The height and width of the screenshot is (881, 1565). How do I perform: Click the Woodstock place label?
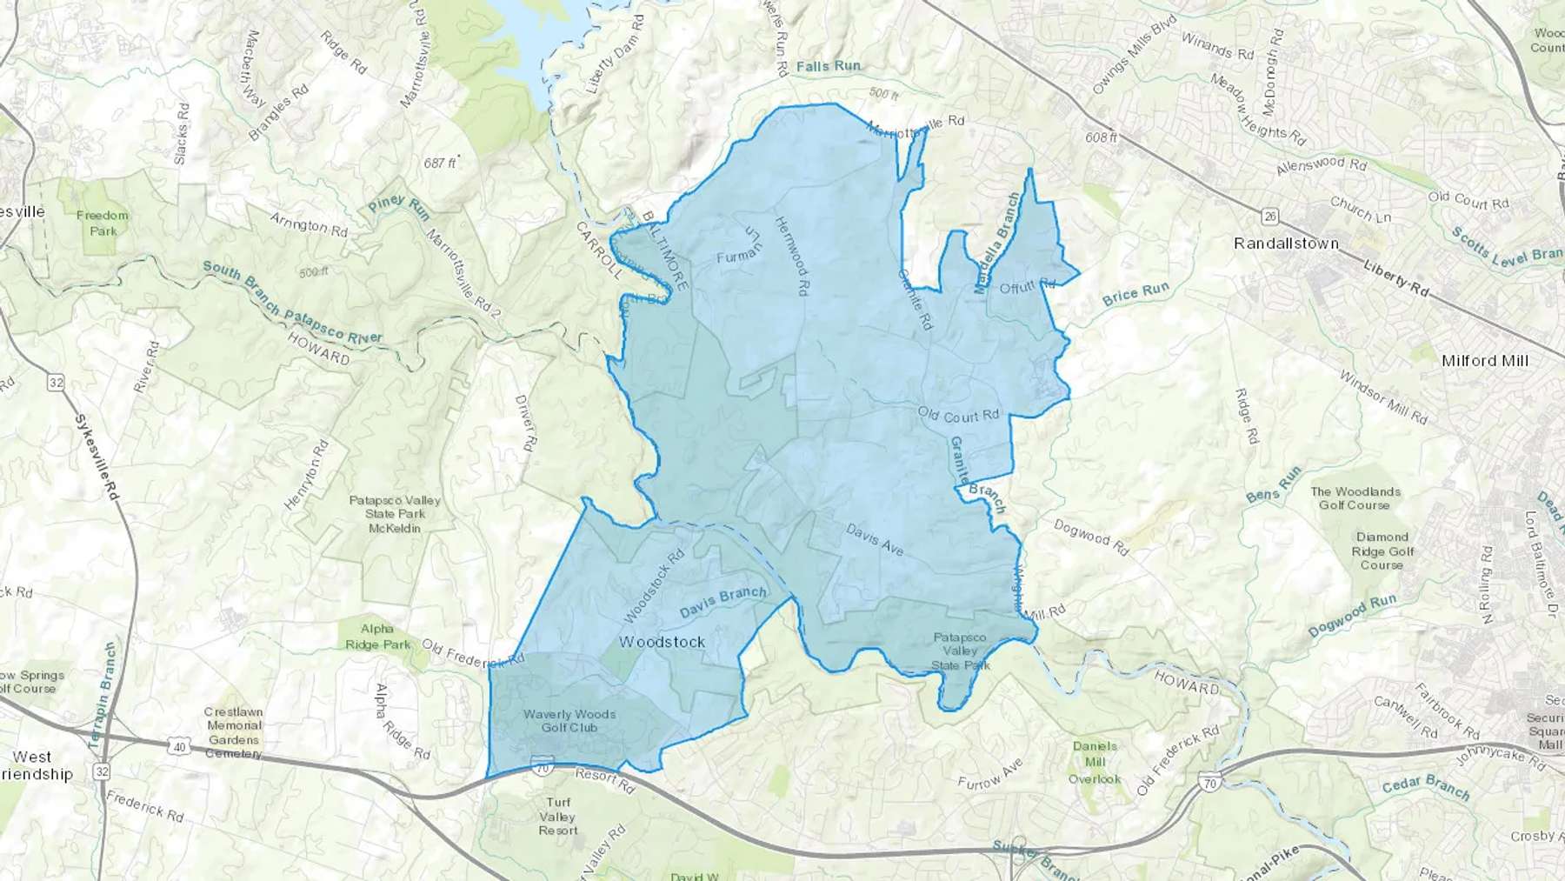pos(662,642)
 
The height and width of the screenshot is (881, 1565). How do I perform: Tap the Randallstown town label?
pos(1286,244)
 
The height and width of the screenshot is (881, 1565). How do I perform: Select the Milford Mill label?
pos(1484,360)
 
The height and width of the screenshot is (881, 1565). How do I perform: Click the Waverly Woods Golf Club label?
pos(569,721)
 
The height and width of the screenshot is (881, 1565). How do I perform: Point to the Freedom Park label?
pos(103,223)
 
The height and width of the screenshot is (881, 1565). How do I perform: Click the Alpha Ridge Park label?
pos(377,637)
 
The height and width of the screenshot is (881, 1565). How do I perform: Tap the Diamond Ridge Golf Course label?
pos(1382,551)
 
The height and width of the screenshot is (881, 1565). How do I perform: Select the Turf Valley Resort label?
pos(557,817)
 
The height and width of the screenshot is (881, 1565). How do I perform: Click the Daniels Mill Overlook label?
pos(1095,762)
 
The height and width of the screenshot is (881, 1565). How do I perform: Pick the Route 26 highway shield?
pos(1271,215)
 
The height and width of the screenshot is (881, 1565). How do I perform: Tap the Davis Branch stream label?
pos(723,601)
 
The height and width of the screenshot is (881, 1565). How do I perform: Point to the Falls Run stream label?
pos(828,66)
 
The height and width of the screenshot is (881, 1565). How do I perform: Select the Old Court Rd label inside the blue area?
pos(959,416)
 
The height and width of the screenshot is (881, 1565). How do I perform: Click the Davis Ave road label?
pos(876,540)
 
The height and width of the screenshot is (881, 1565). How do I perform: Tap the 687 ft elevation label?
pos(440,163)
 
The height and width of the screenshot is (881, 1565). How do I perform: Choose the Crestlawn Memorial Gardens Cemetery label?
pos(234,732)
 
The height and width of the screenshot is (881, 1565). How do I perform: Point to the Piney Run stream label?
pos(398,209)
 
